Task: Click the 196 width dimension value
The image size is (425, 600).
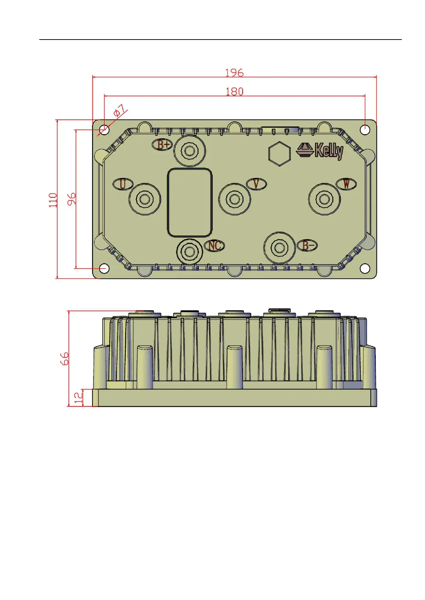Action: click(x=234, y=73)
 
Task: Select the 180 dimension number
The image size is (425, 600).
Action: click(x=234, y=92)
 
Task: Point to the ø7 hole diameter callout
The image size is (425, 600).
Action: click(x=120, y=110)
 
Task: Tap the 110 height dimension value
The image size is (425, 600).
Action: click(x=53, y=200)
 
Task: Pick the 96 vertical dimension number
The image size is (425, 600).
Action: click(x=72, y=199)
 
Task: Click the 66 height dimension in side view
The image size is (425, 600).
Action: click(x=65, y=359)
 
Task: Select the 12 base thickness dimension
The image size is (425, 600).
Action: click(x=78, y=398)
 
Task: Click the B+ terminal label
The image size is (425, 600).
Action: click(x=163, y=145)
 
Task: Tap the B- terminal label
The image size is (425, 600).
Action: click(x=308, y=245)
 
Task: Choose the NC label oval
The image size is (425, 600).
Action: click(x=214, y=245)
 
